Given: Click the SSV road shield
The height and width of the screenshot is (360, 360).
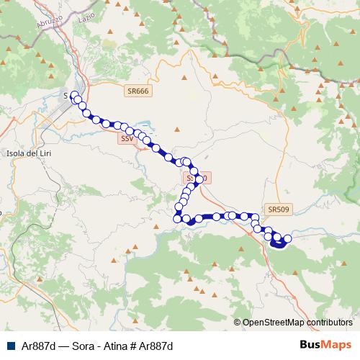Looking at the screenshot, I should pos(127,138).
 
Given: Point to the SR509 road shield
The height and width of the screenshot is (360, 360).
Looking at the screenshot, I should pos(277,210).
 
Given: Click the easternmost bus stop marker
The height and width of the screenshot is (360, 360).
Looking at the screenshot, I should pos(288,238).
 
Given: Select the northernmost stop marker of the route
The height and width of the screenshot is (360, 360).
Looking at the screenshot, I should pos(74,95).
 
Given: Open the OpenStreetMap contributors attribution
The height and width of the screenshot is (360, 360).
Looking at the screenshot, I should pos(297,323).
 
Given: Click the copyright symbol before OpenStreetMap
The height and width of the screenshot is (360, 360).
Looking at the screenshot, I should pos(237,323).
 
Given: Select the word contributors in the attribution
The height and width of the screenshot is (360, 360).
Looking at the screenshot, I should pos(329,323).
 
